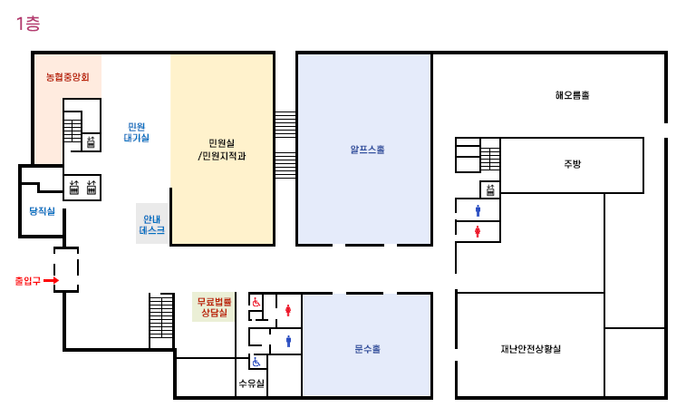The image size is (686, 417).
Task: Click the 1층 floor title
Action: pyautogui.click(x=28, y=24)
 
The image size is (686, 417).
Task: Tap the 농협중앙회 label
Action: pyautogui.click(x=68, y=77)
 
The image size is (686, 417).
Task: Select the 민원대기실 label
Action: pyautogui.click(x=137, y=132)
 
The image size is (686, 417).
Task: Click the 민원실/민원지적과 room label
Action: pyautogui.click(x=222, y=150)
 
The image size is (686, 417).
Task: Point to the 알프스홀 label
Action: pyautogui.click(x=368, y=150)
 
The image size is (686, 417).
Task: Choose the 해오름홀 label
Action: pyautogui.click(x=572, y=95)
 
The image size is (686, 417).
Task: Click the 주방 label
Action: pyautogui.click(x=572, y=164)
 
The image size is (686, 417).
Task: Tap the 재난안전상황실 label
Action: pyautogui.click(x=531, y=349)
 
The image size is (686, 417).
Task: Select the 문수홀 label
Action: pyautogui.click(x=368, y=349)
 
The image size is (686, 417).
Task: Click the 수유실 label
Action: pyautogui.click(x=252, y=383)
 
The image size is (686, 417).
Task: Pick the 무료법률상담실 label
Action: pyautogui.click(x=214, y=306)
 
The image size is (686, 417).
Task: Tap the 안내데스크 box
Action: pyautogui.click(x=152, y=224)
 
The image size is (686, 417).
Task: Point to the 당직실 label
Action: pyautogui.click(x=43, y=211)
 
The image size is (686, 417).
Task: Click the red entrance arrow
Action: pyautogui.click(x=51, y=280)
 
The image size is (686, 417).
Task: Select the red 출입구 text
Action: pyautogui.click(x=27, y=281)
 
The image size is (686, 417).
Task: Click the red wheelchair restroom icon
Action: pyautogui.click(x=256, y=302)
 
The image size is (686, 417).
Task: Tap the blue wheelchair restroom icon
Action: pyautogui.click(x=256, y=362)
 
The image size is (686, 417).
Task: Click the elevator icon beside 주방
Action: pyautogui.click(x=490, y=189)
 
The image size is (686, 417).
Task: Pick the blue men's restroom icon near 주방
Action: pyautogui.click(x=478, y=211)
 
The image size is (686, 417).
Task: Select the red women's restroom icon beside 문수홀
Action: pyautogui.click(x=288, y=310)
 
